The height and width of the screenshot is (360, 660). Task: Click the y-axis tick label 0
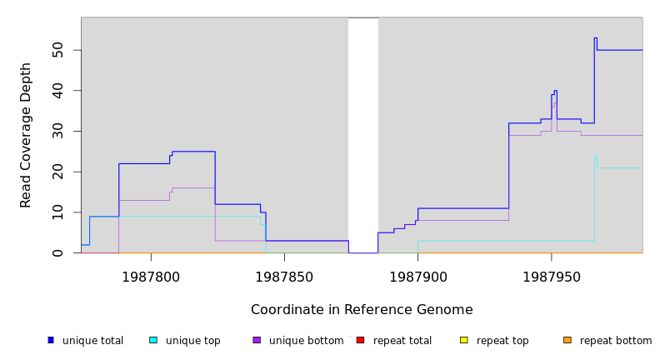pos(57,252)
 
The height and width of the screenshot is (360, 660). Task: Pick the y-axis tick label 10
pos(57,212)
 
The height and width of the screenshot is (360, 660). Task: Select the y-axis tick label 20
pos(57,172)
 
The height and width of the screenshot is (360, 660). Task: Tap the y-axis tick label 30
pos(57,131)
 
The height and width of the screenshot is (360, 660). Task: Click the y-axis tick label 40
pos(57,91)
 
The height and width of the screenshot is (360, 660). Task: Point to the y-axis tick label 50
pos(57,50)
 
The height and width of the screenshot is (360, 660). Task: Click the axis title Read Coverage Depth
pos(26,135)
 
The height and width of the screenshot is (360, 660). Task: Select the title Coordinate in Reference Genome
pos(362,310)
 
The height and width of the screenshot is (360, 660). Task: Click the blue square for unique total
pos(51,340)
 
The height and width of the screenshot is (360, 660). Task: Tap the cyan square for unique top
pos(153,340)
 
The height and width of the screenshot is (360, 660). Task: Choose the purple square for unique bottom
pos(257,340)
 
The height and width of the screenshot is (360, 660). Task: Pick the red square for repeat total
pos(360,340)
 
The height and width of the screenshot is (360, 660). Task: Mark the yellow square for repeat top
pos(463,340)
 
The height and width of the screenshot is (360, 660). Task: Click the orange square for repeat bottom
pos(567,340)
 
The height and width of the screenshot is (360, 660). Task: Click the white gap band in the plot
pos(363,133)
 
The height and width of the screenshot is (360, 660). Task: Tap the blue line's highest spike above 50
pos(595,38)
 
